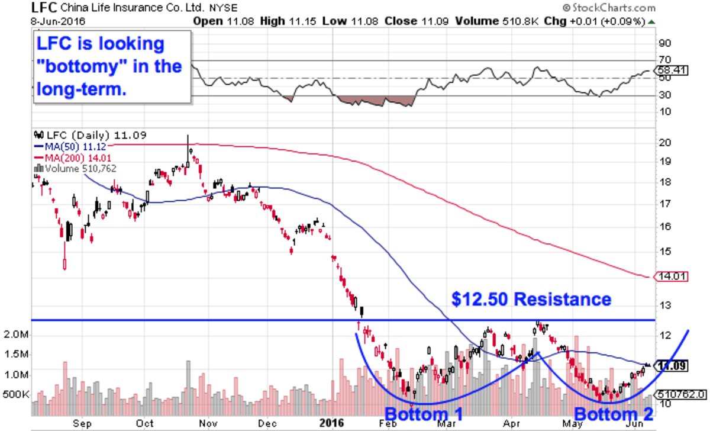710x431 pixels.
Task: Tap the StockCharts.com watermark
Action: (x=609, y=8)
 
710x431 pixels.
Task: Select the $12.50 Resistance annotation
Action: (x=532, y=299)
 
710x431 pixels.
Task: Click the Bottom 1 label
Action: (x=424, y=413)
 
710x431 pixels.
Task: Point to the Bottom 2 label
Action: (x=614, y=413)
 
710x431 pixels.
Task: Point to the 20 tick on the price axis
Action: (x=665, y=143)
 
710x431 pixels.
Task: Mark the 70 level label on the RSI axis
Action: (x=664, y=60)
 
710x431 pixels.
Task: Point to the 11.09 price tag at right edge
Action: (x=673, y=366)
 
